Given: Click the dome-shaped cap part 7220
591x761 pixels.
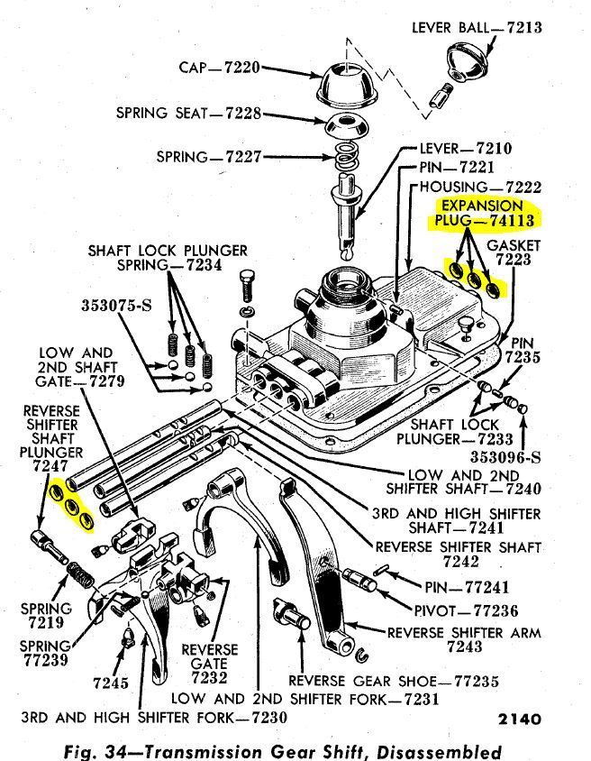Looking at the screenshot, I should point(347,86).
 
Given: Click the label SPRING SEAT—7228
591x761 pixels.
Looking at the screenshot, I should point(188,114).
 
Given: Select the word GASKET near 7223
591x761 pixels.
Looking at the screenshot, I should point(514,245).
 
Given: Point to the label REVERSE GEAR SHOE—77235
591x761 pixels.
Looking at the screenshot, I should point(393,680).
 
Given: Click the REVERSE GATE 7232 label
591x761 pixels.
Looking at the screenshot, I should point(209,663).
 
